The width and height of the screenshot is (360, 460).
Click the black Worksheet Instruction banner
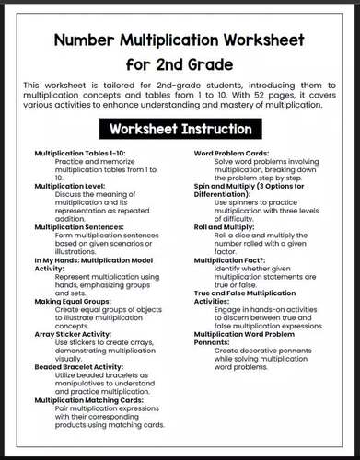click(180, 129)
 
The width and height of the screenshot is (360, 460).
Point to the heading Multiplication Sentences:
click(78, 226)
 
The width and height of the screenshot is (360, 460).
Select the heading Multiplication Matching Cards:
click(88, 400)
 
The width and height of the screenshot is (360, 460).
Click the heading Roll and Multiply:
click(224, 226)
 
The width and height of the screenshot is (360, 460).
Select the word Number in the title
click(89, 41)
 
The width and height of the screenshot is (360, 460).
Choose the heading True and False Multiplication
click(244, 292)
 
